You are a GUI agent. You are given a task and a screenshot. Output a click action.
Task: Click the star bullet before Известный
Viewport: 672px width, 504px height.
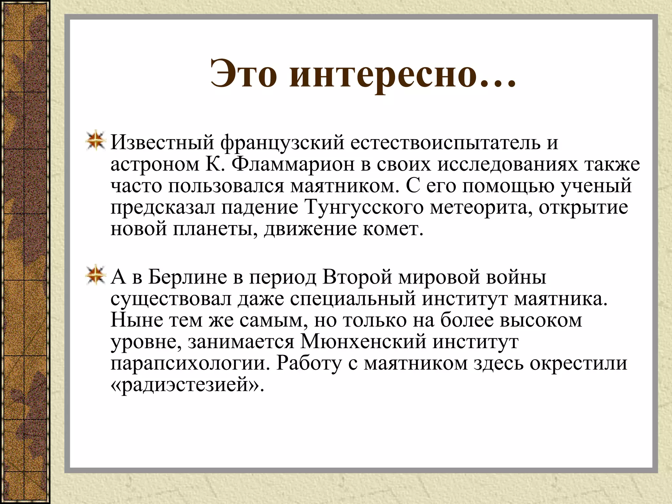95,142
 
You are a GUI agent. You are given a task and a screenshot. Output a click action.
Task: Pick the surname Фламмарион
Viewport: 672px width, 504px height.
293,164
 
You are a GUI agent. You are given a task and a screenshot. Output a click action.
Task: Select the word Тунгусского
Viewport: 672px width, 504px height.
364,208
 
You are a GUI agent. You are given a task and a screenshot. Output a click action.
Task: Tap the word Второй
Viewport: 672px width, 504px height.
357,277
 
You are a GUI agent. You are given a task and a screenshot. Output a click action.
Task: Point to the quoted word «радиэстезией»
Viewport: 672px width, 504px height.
187,385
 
